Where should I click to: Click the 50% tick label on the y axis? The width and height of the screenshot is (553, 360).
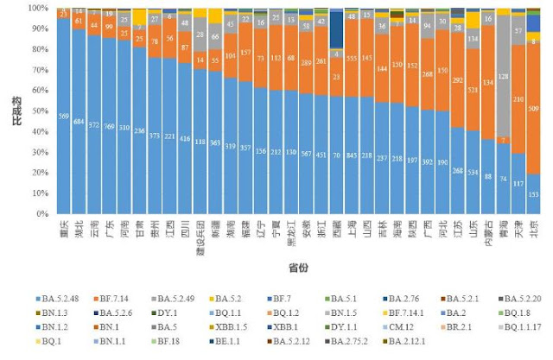tap(42, 111)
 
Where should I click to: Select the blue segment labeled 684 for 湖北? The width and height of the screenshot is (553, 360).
tap(79, 121)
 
